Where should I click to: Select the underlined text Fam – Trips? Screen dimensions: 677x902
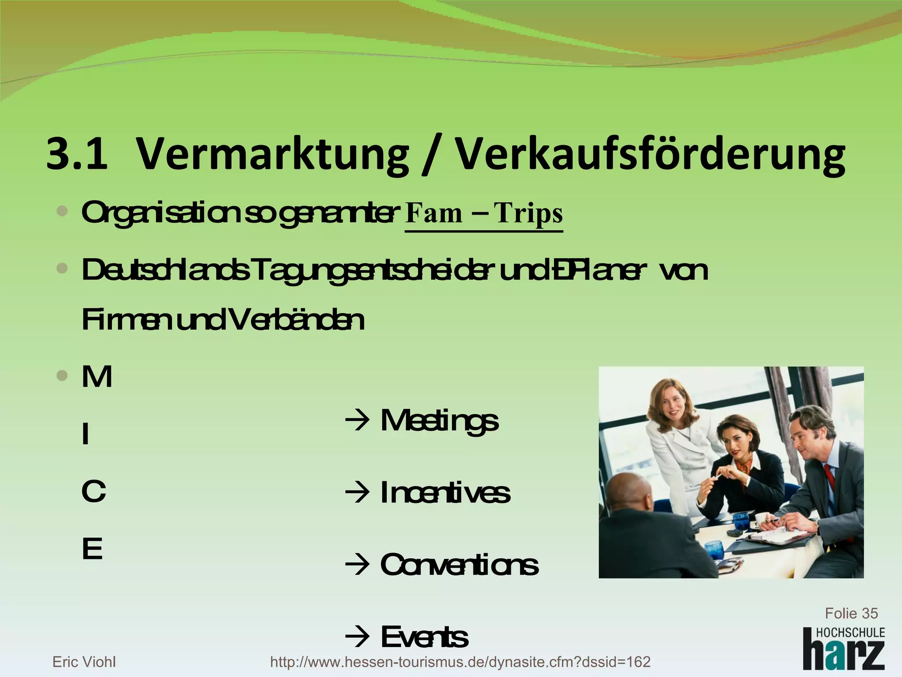(x=484, y=214)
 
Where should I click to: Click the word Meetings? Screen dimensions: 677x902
(x=439, y=420)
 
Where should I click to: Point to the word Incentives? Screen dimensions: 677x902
(x=445, y=493)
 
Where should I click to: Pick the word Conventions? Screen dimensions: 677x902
(x=459, y=565)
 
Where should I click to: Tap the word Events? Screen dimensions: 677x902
(x=424, y=637)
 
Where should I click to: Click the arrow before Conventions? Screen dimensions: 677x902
(x=357, y=565)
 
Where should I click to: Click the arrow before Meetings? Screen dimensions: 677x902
(x=357, y=421)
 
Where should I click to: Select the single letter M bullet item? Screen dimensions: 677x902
(x=97, y=377)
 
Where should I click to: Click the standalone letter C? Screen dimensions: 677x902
(x=93, y=492)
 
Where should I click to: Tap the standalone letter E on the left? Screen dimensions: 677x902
(x=92, y=549)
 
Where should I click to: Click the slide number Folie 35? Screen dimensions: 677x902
(x=851, y=613)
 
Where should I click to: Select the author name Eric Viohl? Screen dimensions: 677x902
(x=84, y=662)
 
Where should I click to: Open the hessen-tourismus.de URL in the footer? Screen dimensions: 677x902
(x=460, y=662)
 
